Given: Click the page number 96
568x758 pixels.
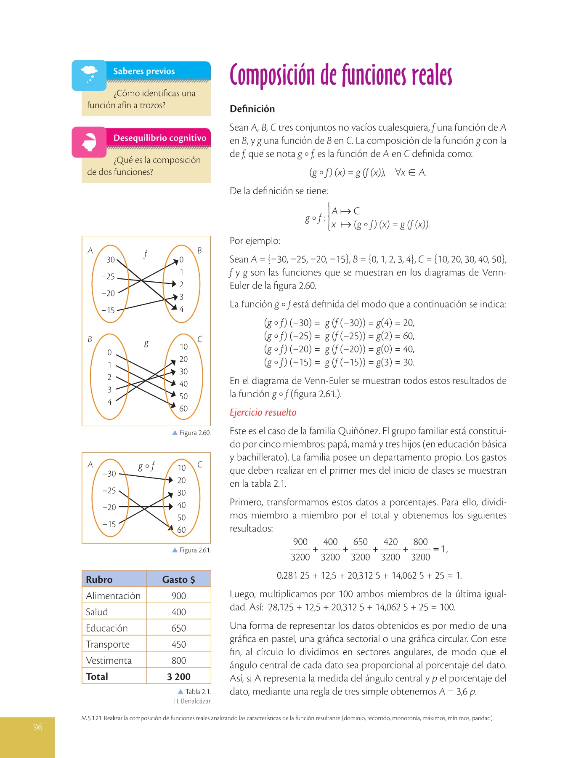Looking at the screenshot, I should (38, 727).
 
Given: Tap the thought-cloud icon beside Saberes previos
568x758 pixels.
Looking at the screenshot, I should (89, 75).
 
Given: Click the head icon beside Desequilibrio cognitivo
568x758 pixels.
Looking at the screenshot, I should (89, 142).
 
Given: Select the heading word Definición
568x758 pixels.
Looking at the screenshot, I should (252, 109).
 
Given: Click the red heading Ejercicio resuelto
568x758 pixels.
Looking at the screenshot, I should (263, 412).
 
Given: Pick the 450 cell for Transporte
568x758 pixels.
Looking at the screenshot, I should (178, 644).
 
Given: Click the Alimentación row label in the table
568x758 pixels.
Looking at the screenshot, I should (113, 595).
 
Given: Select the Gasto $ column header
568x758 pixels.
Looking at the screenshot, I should (178, 579).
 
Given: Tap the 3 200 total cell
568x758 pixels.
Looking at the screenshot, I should (178, 677).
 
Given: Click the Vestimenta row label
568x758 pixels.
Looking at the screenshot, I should (109, 660).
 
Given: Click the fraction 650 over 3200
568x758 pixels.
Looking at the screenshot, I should (360, 549).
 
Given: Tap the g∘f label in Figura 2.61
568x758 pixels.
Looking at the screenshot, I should (146, 466).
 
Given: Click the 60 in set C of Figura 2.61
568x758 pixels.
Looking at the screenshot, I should (181, 530).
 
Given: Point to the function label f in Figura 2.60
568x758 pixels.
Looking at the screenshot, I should (146, 254).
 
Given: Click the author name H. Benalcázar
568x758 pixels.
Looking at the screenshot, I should (192, 701).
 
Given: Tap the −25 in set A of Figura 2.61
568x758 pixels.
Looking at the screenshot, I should (109, 491).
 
